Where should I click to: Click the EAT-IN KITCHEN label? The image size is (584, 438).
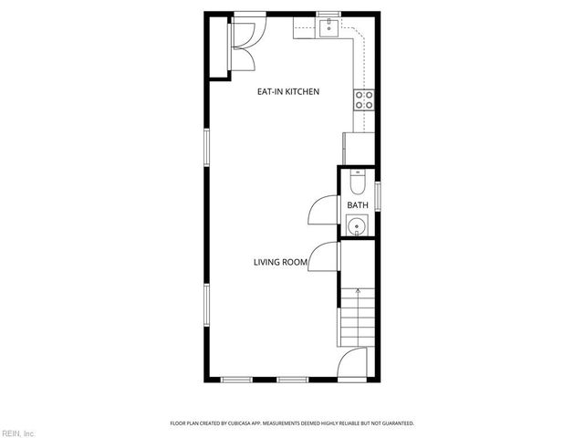pos(287,91)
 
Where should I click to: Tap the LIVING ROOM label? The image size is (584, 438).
pos(280,263)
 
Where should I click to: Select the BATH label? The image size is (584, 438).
pos(357,205)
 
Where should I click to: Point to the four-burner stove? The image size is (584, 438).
pos(364,99)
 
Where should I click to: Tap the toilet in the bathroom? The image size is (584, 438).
pos(358,182)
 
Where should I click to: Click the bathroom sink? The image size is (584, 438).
pos(357,225)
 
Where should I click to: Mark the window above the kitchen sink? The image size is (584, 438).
pos(328,14)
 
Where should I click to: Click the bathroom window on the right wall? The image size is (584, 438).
pos(378,196)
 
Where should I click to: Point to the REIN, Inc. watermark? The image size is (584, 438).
pos(18,433)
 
